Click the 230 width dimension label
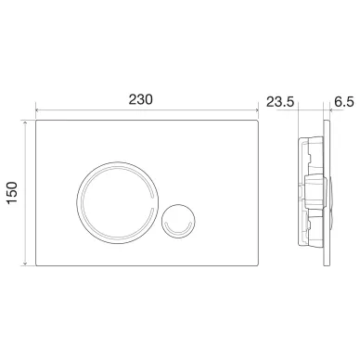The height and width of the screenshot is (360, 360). tap(141, 99)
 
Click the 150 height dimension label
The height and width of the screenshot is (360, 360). tap(13, 193)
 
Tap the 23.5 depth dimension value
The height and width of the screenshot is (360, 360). tap(280, 101)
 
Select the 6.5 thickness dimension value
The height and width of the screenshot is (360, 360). tap(344, 101)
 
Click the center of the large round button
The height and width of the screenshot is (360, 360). tap(118, 202)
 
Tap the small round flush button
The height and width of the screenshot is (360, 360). tap(178, 221)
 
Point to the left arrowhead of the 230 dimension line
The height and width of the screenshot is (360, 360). tap(37, 109)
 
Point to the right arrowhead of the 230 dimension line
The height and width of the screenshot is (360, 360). tap(257, 109)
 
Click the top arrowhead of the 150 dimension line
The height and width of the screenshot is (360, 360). tap(25, 122)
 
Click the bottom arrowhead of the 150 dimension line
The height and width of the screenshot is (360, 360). tap(25, 264)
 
